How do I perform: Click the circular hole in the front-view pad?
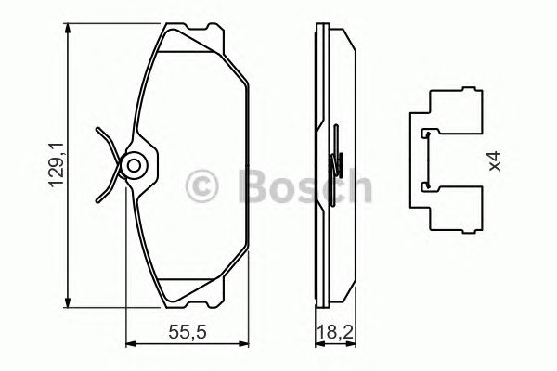pos(134,166)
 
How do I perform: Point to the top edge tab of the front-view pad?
pos(192,33)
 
